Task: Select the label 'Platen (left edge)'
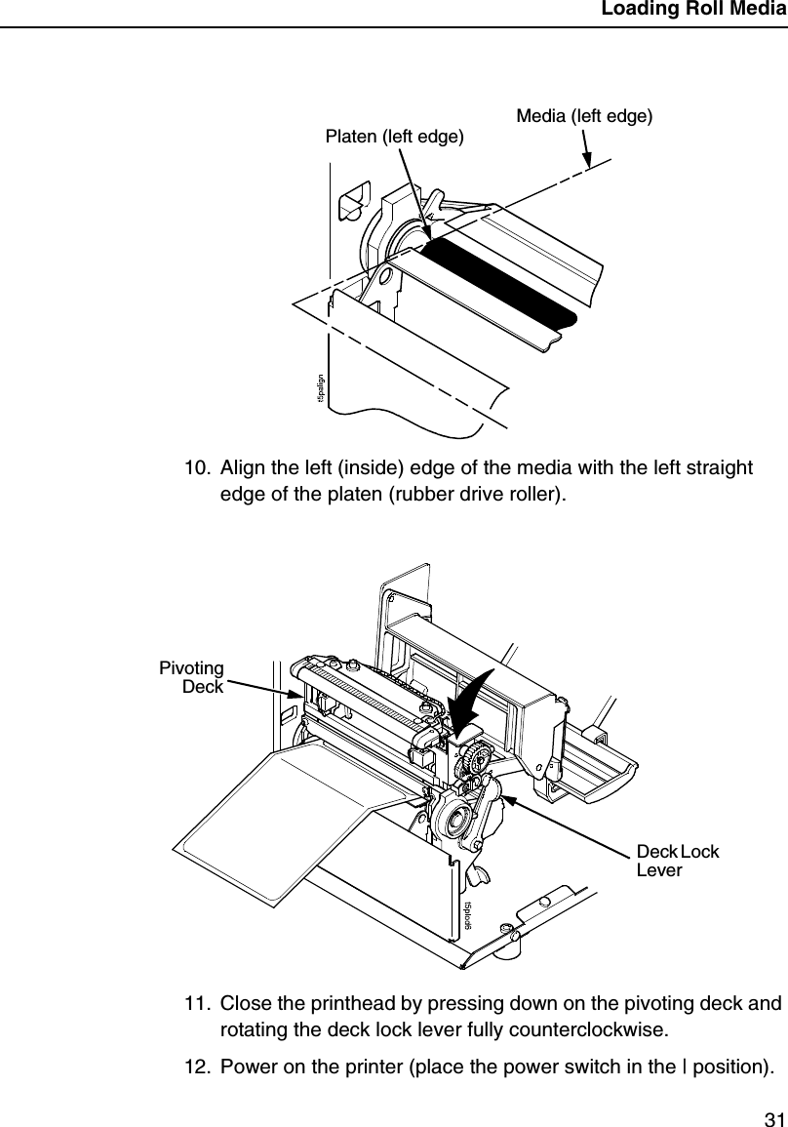tap(393, 137)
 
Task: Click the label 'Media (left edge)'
tap(583, 116)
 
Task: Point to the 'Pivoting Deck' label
tap(192, 676)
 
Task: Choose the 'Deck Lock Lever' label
tap(677, 860)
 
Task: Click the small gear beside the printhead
tap(473, 756)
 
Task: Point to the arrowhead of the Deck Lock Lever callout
tap(503, 798)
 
